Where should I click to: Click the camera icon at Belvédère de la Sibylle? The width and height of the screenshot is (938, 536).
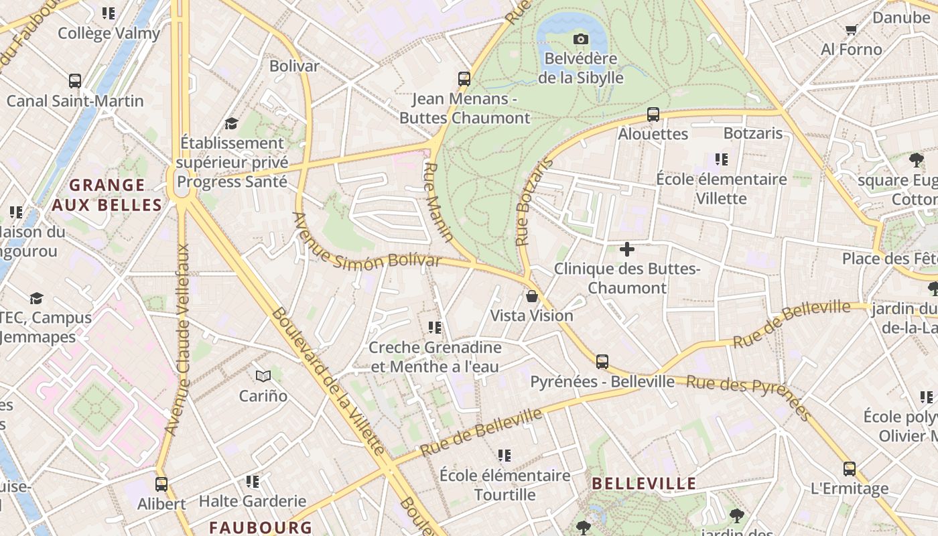click(x=581, y=40)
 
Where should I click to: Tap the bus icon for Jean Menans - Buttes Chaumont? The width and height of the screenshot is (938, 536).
click(x=464, y=79)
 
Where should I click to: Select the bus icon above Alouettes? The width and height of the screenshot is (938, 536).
click(x=653, y=115)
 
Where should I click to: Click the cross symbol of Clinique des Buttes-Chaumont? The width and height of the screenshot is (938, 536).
click(x=627, y=250)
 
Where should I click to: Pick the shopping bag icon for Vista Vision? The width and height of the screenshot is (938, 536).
click(x=532, y=296)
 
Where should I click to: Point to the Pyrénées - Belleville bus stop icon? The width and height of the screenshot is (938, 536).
click(x=602, y=362)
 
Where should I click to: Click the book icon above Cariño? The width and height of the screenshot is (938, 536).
click(x=263, y=377)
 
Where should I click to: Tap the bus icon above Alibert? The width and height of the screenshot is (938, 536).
click(x=161, y=484)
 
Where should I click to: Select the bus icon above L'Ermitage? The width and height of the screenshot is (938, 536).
click(x=850, y=469)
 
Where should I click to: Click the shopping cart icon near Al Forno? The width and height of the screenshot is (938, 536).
click(x=851, y=29)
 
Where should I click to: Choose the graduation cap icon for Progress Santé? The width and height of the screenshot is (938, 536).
click(x=232, y=123)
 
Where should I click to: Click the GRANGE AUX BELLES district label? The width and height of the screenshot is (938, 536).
click(x=107, y=195)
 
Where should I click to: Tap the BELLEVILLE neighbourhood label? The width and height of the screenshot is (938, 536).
click(x=645, y=484)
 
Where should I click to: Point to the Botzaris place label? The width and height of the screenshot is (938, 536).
click(x=753, y=133)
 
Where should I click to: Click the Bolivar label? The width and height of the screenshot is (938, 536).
click(x=294, y=66)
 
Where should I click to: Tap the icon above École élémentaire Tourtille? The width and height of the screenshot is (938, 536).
click(x=505, y=456)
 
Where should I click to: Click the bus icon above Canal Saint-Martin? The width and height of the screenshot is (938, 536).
click(x=75, y=82)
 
